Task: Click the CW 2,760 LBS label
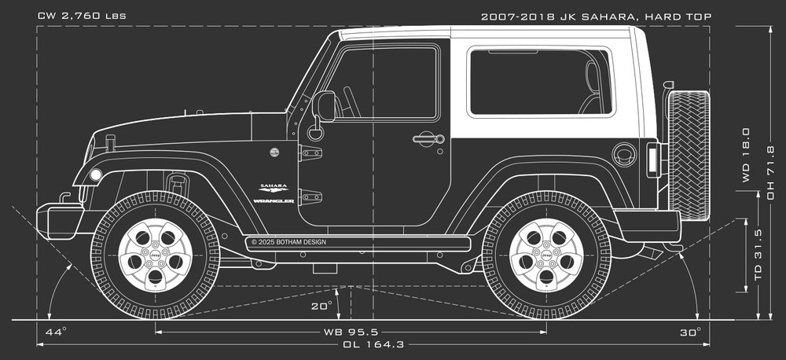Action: tap(82, 16)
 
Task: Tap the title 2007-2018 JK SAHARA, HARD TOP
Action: tap(596, 17)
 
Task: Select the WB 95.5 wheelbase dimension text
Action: tap(351, 332)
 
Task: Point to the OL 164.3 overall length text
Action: tap(373, 344)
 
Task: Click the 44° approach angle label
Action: tap(56, 332)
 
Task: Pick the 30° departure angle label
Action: tap(691, 332)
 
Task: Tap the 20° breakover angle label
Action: tap(321, 306)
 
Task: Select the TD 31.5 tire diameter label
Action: tap(758, 254)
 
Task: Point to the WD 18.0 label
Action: tap(746, 155)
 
